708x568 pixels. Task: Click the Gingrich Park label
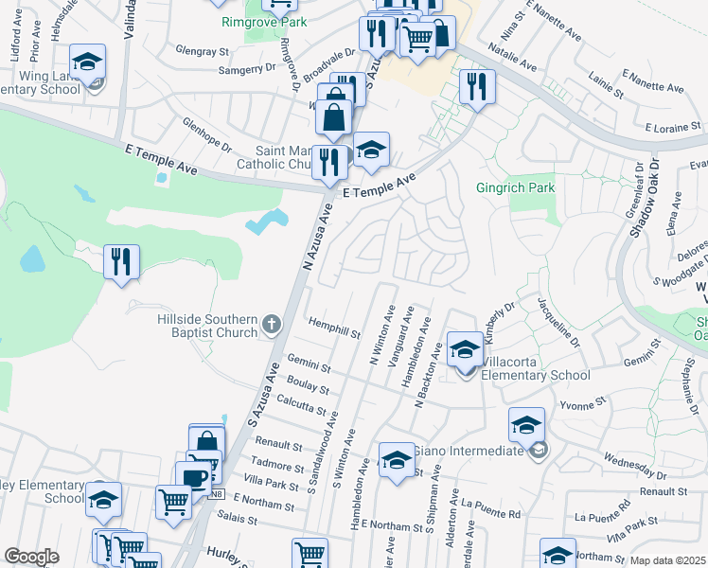(x=516, y=188)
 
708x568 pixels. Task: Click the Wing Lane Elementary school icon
(x=88, y=64)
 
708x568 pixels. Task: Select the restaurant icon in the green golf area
(x=121, y=261)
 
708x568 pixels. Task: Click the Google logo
(x=32, y=557)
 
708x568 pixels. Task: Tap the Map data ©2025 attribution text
(x=667, y=560)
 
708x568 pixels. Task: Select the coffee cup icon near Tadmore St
(x=194, y=477)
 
